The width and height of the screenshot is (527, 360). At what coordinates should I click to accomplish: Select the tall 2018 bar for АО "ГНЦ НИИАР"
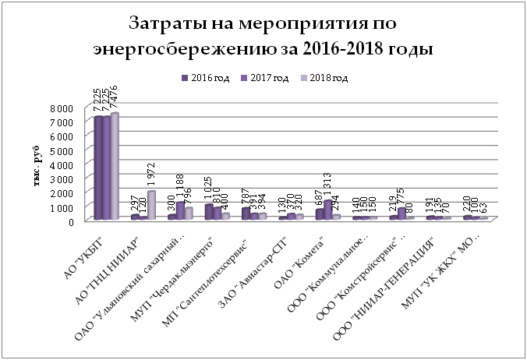pyautogui.click(x=151, y=205)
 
